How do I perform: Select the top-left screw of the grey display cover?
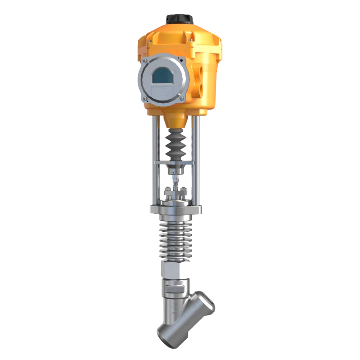(x=144, y=61)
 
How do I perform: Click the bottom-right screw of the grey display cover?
(x=180, y=98)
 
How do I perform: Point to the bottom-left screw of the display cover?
(x=145, y=99)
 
